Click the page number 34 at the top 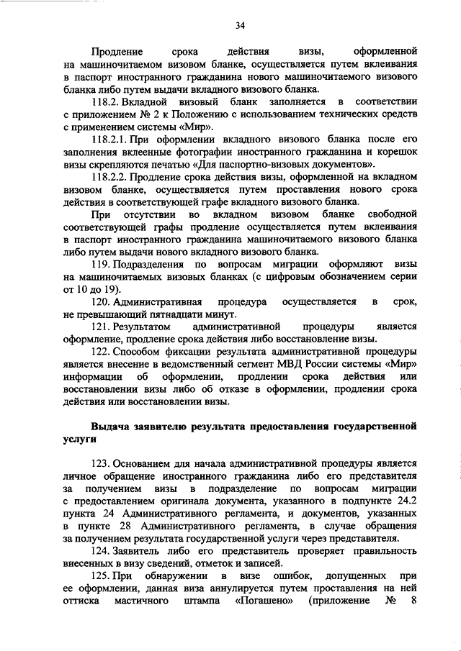[x=241, y=27]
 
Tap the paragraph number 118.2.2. [x=112, y=177]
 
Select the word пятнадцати [x=174, y=314]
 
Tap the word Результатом [x=146, y=327]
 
